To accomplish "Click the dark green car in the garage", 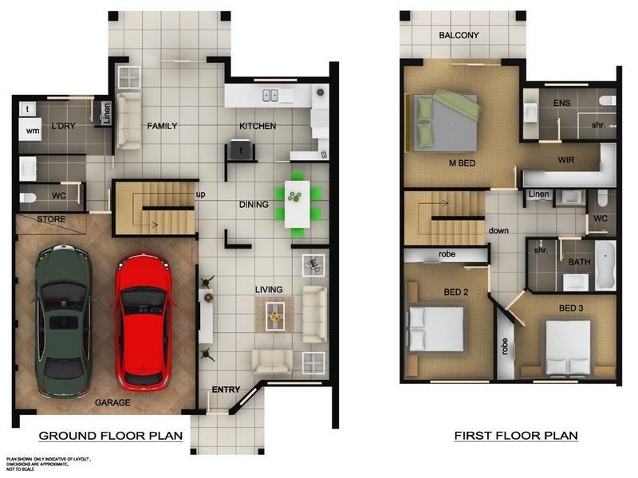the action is tap(64, 321).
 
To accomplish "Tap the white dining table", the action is tap(297, 204).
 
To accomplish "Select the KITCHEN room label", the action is tap(258, 126).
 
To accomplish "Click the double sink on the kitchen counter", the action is tap(270, 96).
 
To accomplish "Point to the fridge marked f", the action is tap(241, 150).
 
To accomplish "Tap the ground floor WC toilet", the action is tap(28, 198).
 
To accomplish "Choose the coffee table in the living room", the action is tap(275, 315).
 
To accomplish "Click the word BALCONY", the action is tap(459, 35).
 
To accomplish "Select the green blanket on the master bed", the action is tap(458, 105).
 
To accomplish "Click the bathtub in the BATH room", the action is tap(605, 265).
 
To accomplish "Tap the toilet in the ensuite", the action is tap(608, 100).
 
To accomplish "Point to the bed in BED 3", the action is tap(568, 347).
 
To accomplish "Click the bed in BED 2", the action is tap(436, 329).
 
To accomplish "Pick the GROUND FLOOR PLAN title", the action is tap(111, 436).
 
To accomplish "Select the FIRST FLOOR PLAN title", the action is tap(516, 436).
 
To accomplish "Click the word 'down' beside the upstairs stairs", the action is tap(498, 230).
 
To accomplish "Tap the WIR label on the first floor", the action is tap(566, 160).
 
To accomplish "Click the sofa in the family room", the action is tap(128, 120).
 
